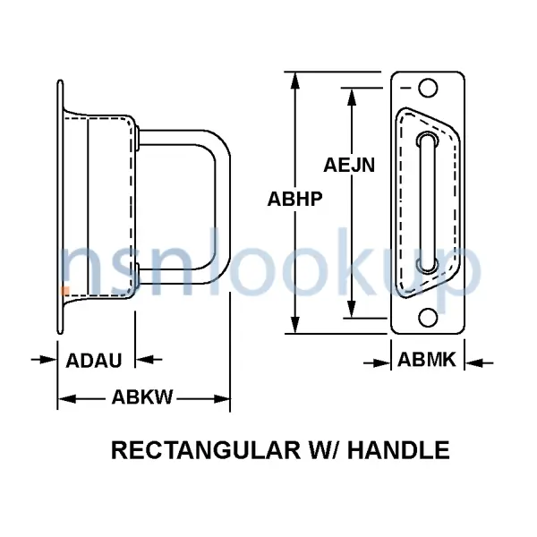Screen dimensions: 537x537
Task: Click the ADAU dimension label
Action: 93,361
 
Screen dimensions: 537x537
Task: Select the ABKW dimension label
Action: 142,397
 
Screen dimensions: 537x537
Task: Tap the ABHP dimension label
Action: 294,199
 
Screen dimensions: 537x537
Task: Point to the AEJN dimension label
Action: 349,165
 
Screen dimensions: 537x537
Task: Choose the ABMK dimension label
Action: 427,360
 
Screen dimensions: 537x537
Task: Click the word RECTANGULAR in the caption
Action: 206,450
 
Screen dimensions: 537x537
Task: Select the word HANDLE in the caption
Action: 398,450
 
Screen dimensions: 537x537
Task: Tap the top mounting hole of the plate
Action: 428,88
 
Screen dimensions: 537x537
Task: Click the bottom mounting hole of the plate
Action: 428,318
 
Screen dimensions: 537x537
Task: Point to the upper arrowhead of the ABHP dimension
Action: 294,81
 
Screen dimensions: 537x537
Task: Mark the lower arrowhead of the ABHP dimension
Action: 294,325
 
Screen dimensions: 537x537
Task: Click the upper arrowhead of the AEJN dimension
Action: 352,97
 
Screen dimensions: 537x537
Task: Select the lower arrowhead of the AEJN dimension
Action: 352,309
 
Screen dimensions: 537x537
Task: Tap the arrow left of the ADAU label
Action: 44,360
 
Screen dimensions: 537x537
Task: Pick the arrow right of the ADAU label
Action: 149,360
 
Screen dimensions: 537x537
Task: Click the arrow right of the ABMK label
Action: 479,362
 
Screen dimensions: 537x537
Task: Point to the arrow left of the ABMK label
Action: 377,362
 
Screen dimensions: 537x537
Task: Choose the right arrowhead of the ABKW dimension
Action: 222,399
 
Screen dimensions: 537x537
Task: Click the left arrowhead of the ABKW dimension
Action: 66,399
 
